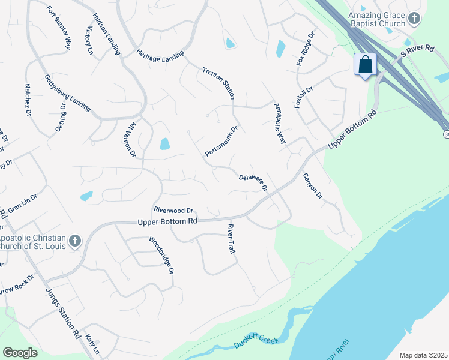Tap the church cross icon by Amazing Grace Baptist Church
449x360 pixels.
(414, 19)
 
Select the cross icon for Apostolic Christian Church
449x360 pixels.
(74, 241)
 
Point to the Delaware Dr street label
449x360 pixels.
(253, 182)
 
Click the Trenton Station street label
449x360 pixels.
(218, 83)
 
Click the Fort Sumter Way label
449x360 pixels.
(59, 28)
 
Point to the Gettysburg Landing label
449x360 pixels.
(67, 94)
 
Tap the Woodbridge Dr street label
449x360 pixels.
(161, 255)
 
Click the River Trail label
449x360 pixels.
(231, 239)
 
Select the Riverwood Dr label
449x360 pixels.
(173, 211)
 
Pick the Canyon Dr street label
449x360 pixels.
(312, 187)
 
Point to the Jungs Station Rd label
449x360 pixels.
(63, 314)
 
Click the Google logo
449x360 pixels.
(20, 353)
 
